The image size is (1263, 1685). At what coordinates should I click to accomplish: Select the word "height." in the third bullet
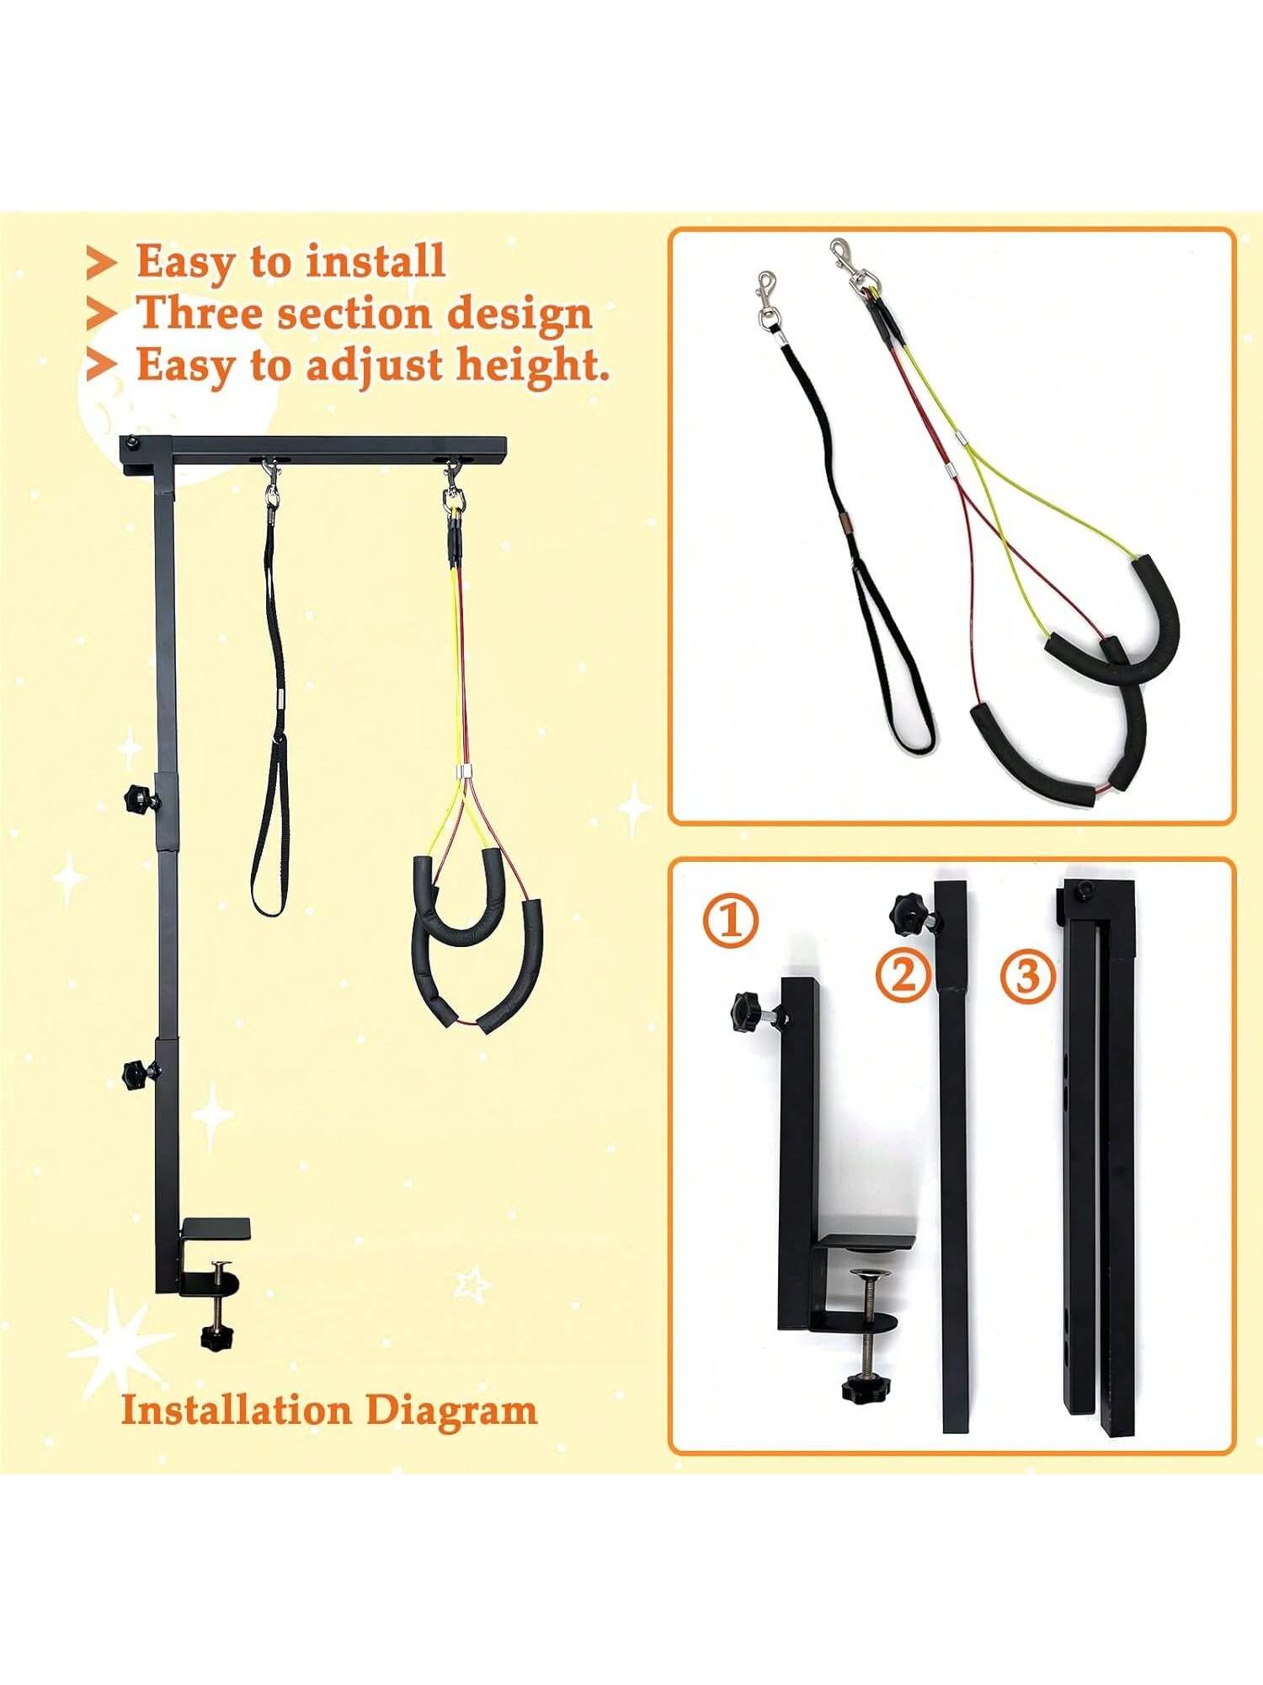pos(533,366)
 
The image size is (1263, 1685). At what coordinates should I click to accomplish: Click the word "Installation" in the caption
pos(236,1410)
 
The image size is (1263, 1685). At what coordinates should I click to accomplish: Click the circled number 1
pos(731,920)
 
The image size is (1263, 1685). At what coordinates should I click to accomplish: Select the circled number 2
pos(903,976)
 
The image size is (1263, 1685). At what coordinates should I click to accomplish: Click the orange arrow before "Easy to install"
pos(101,262)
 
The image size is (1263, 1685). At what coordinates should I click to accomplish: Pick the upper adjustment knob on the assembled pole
pos(137,795)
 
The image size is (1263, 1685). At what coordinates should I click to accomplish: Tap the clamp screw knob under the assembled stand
pos(217,1336)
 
